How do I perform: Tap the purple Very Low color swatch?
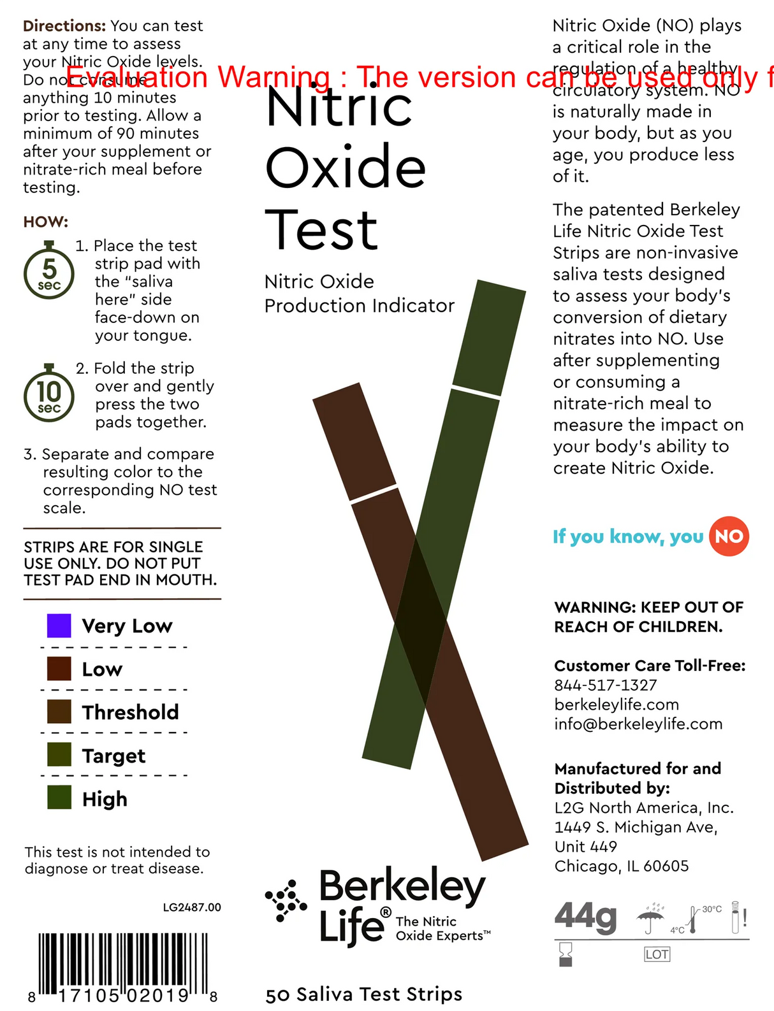(59, 626)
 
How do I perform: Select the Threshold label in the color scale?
(130, 712)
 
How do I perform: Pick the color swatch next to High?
(59, 798)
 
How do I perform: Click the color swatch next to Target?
(59, 755)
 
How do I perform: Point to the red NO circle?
(729, 536)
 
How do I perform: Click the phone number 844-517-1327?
(605, 685)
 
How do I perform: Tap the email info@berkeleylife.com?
(638, 724)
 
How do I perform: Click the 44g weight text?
(585, 917)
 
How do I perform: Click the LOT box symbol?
(657, 954)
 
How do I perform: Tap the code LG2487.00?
(191, 907)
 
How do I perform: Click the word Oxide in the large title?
(345, 168)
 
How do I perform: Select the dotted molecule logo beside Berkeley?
(286, 901)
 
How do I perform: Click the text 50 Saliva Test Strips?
(363, 994)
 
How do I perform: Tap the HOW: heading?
(45, 222)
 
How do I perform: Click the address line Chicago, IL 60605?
(621, 866)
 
